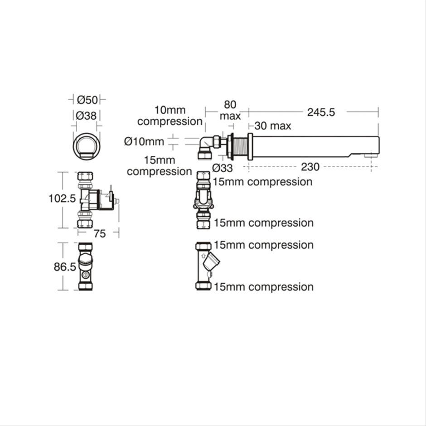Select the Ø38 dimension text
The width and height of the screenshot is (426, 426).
click(86, 116)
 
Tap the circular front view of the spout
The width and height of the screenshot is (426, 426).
click(87, 145)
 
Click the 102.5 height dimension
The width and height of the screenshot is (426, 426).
click(62, 198)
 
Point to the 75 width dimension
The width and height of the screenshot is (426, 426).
click(99, 233)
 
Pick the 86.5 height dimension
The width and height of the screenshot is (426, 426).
click(65, 267)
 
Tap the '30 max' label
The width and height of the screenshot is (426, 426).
click(272, 126)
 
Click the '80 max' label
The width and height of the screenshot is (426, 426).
click(230, 110)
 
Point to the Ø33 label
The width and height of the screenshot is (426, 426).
click(223, 168)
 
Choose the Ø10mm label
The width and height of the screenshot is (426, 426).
click(144, 142)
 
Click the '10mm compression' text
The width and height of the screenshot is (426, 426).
click(170, 116)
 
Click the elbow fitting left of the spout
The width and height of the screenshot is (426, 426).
click(207, 147)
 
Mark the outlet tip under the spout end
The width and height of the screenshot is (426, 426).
click(371, 155)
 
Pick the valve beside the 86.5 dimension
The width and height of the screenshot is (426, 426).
click(85, 266)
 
